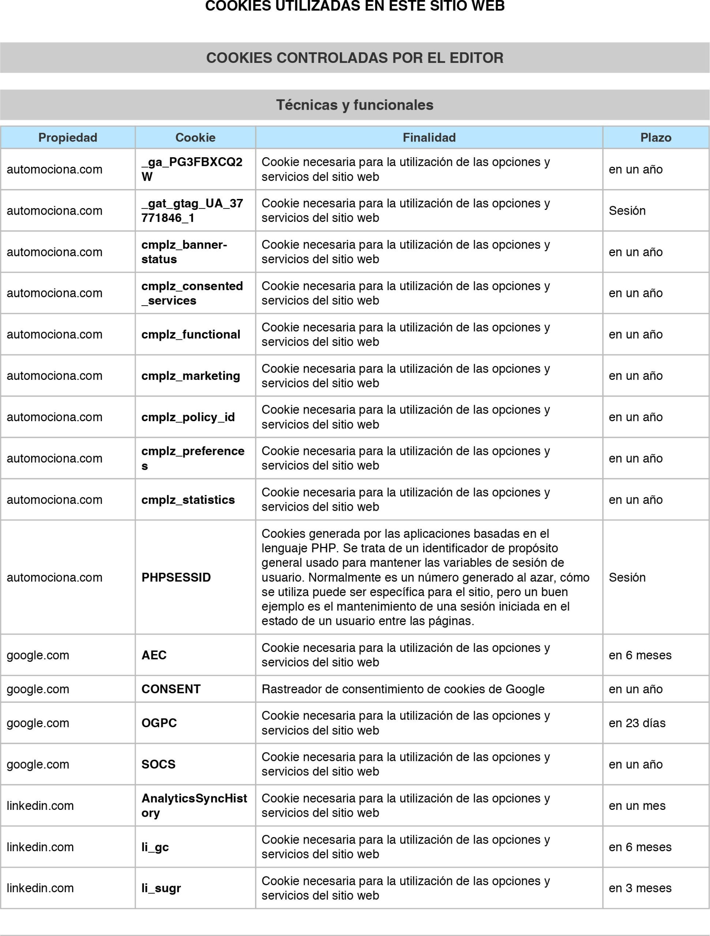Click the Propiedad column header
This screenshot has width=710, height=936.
68,137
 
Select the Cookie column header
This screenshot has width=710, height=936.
195,137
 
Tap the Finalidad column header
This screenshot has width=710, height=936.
429,137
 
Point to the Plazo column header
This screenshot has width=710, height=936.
655,137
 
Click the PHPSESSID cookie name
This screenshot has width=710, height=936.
176,577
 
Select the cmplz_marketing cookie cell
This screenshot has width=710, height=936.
191,376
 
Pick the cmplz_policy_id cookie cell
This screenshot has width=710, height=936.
188,417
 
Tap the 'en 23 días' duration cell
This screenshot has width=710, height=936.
637,723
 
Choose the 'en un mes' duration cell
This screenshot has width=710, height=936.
637,806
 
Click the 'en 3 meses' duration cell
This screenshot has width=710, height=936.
640,888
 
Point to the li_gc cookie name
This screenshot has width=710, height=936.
155,847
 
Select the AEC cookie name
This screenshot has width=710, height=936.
154,655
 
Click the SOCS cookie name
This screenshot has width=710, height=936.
158,764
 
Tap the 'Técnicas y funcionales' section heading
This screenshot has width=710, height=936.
355,105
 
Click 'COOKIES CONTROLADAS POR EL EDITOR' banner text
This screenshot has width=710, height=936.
355,58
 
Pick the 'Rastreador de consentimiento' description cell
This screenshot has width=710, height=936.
403,689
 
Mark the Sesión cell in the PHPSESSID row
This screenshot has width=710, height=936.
627,577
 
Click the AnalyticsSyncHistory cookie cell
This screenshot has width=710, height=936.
194,806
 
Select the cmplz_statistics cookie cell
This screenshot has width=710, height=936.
188,500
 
